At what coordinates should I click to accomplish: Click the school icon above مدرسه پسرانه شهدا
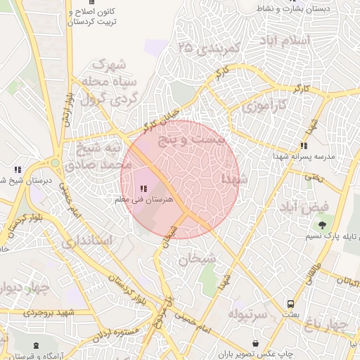tap(304, 146)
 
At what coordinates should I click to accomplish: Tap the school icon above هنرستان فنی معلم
tap(143, 189)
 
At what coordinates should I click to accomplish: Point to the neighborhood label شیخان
tap(195, 259)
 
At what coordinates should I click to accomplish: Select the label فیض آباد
tap(303, 207)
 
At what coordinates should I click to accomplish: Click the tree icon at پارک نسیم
tap(321, 225)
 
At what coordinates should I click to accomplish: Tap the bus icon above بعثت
tap(290, 304)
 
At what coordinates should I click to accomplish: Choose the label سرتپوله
tap(248, 314)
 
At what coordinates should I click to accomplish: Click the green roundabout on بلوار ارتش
tap(55, 161)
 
